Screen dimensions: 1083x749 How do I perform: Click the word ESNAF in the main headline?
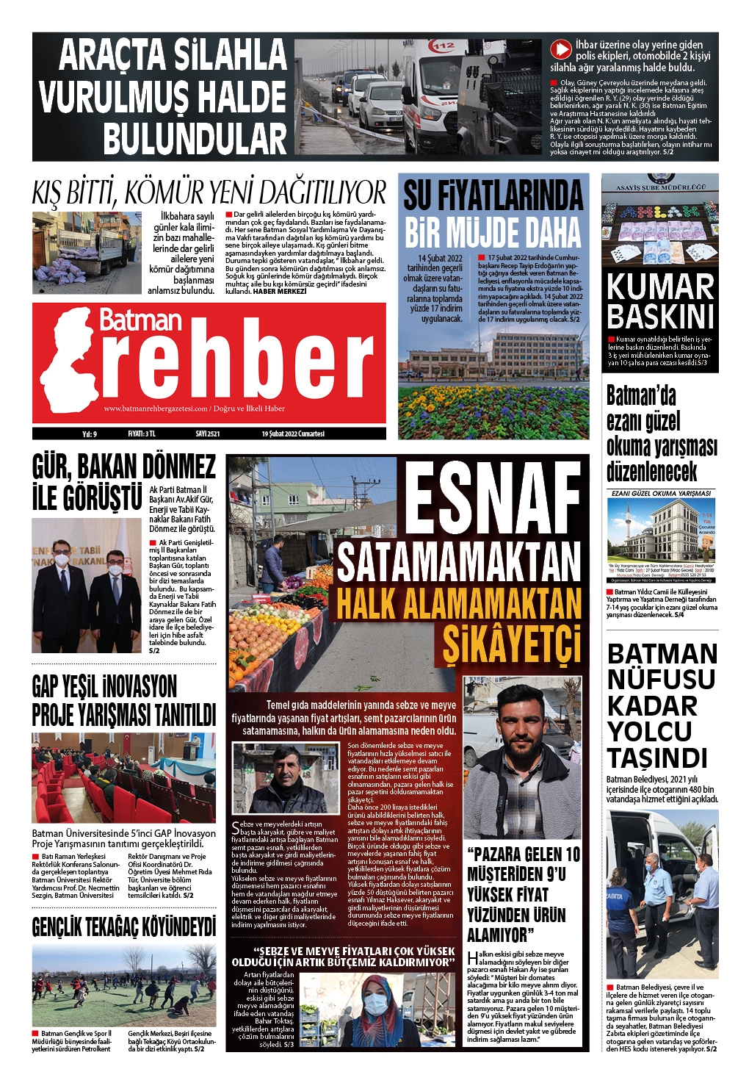tap(493, 500)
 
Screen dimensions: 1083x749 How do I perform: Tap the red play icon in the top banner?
tap(561, 49)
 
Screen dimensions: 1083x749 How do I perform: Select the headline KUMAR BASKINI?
tap(660, 301)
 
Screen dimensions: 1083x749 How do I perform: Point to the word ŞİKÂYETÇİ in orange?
tap(511, 645)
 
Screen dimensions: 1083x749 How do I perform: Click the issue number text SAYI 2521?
tap(208, 434)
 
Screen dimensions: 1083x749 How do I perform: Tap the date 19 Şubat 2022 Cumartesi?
tap(293, 434)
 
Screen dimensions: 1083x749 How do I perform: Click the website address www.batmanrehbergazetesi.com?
tap(156, 409)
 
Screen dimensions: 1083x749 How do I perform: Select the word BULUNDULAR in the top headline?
tap(195, 139)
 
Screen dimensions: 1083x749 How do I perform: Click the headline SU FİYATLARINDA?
tap(493, 195)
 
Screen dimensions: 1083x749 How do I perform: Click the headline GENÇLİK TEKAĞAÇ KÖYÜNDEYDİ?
tap(123, 927)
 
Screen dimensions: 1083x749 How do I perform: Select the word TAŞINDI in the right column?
tap(657, 758)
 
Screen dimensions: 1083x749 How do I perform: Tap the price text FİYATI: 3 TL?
tap(142, 434)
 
